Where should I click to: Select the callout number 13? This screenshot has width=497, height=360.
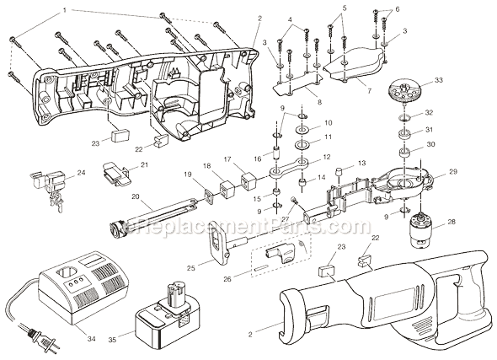click(x=362, y=164)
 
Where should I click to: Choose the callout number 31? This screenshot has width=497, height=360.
click(x=430, y=129)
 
